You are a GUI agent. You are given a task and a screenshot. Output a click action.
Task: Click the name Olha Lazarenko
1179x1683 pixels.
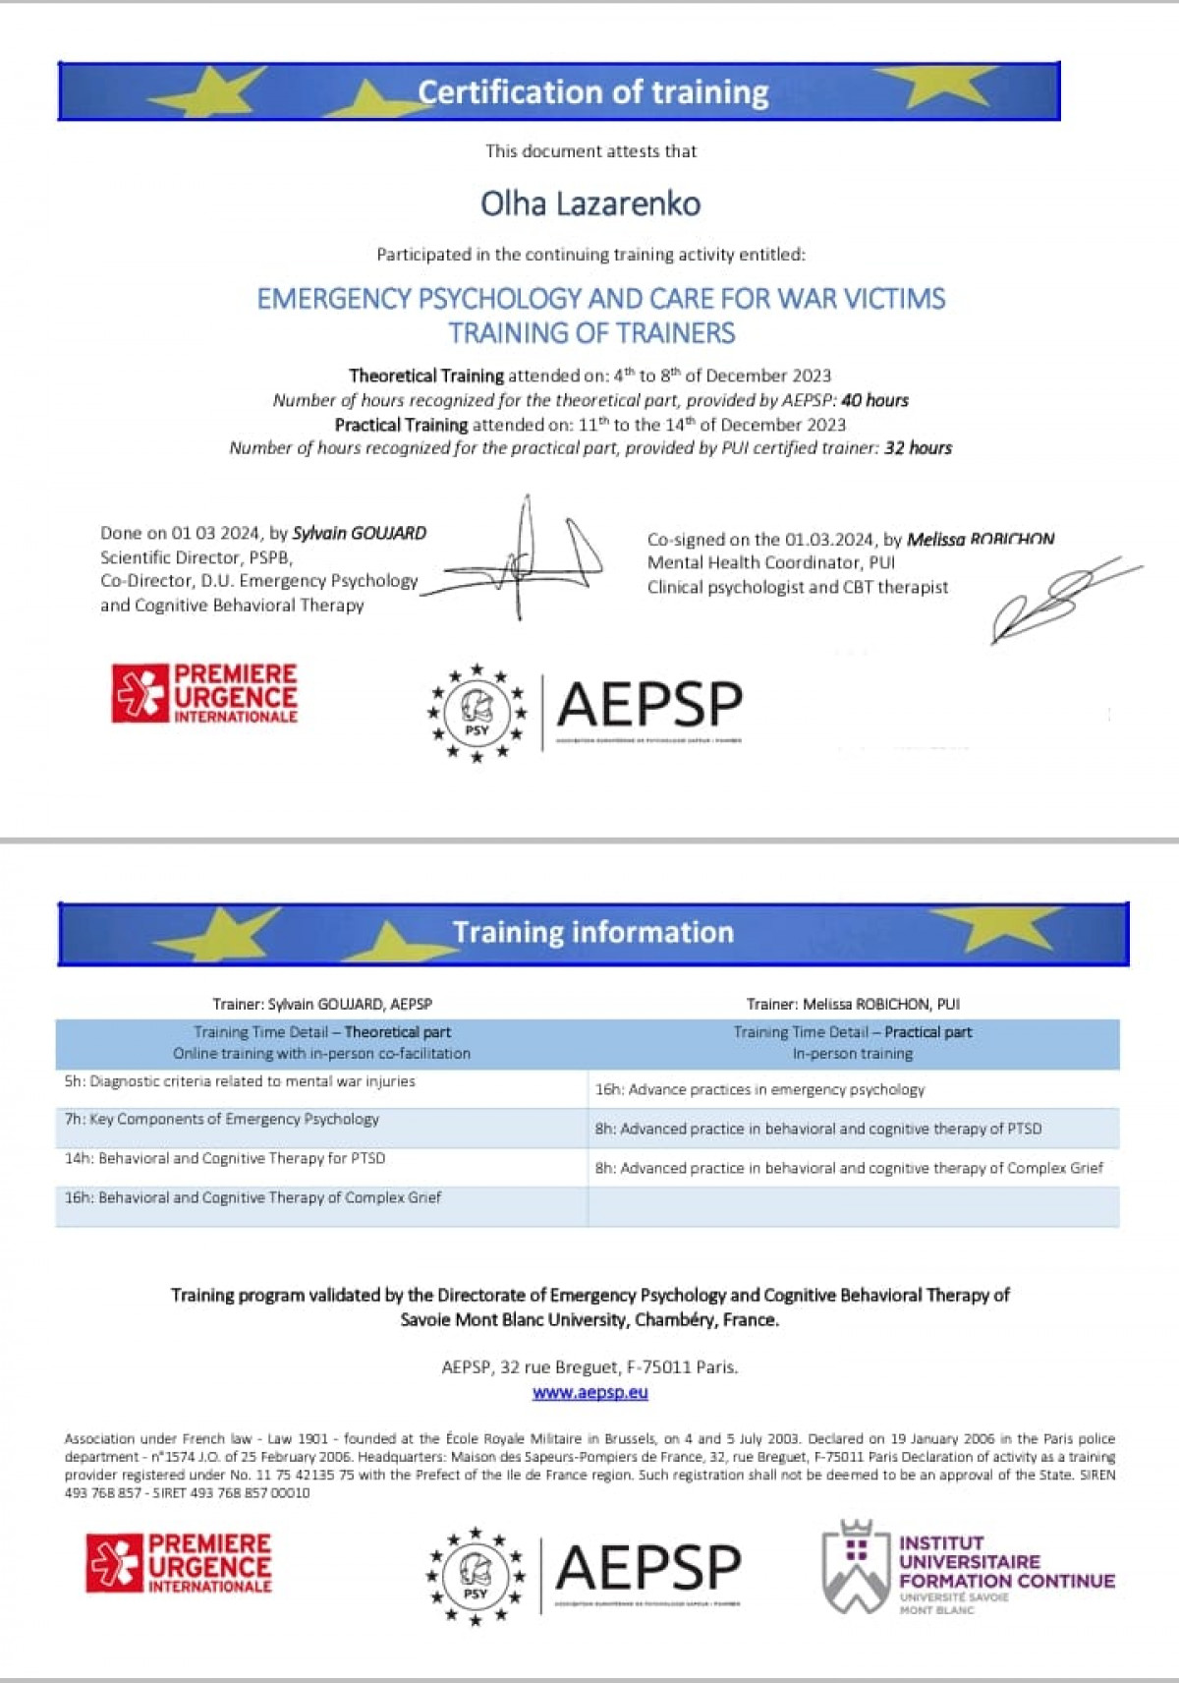pos(590,203)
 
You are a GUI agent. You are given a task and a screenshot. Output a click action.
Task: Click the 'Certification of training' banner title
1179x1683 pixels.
pos(592,91)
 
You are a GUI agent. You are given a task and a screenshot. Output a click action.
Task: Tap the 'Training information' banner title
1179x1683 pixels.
pos(592,932)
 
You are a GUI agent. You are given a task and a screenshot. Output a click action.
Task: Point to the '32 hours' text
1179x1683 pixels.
pos(918,448)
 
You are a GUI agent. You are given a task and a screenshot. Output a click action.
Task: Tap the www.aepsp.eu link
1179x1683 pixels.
pos(589,1392)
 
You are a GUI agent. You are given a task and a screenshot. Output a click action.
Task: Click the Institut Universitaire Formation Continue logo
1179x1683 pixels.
pos(968,1567)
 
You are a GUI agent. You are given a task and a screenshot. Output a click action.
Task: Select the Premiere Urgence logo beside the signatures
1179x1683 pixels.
pos(204,694)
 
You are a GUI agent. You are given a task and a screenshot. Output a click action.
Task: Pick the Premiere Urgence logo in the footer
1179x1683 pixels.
pos(179,1562)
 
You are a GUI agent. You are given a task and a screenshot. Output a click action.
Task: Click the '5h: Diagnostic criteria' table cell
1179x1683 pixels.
pos(240,1081)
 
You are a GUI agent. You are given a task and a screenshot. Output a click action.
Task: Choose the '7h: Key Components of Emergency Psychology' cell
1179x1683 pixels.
pos(221,1119)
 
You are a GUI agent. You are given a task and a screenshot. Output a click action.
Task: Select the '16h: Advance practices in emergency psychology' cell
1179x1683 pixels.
pos(759,1089)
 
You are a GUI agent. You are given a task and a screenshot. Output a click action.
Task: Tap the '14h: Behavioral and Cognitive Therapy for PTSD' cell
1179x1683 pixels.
pos(225,1158)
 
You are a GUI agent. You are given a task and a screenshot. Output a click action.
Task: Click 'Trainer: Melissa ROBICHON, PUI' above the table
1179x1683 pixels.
pos(853,1004)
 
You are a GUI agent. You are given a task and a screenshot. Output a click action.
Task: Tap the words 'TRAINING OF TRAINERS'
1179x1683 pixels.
pos(591,333)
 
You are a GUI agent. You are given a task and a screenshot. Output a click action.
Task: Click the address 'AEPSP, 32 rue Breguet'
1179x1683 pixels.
pos(589,1366)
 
